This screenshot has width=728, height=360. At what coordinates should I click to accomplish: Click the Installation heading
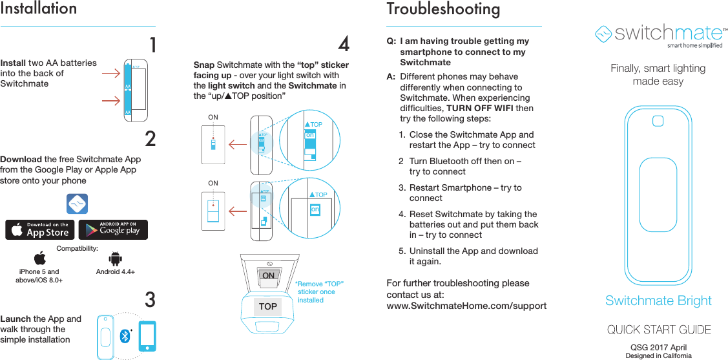pyautogui.click(x=39, y=9)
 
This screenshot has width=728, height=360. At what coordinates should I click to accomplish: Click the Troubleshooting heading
pyautogui.click(x=443, y=9)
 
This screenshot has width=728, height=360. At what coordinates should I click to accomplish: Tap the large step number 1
pyautogui.click(x=152, y=46)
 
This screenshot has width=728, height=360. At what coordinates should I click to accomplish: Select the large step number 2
pyautogui.click(x=151, y=140)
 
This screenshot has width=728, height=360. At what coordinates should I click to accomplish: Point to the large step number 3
pyautogui.click(x=150, y=301)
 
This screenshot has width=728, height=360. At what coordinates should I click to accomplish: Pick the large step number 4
pyautogui.click(x=344, y=45)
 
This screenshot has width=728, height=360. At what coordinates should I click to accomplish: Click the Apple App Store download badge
pyautogui.click(x=40, y=229)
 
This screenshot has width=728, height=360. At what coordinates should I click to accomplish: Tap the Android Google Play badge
pyautogui.click(x=114, y=229)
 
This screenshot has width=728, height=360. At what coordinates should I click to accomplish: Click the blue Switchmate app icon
pyautogui.click(x=77, y=204)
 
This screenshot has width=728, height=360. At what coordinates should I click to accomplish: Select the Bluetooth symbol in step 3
pyautogui.click(x=125, y=336)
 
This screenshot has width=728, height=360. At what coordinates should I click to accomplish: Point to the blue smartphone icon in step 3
pyautogui.click(x=147, y=336)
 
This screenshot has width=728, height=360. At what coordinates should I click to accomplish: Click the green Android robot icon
pyautogui.click(x=116, y=259)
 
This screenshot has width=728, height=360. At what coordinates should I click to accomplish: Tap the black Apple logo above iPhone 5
pyautogui.click(x=39, y=259)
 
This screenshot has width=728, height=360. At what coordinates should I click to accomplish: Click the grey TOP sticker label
pyautogui.click(x=267, y=306)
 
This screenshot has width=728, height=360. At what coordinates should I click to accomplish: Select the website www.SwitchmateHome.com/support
pyautogui.click(x=466, y=305)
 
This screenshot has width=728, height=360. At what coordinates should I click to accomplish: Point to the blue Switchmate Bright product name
pyautogui.click(x=658, y=301)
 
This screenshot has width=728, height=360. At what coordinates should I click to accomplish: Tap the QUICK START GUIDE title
pyautogui.click(x=659, y=330)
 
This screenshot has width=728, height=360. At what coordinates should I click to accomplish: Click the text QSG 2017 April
pyautogui.click(x=658, y=348)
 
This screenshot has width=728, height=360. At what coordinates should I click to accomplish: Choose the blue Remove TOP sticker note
pyautogui.click(x=320, y=291)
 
